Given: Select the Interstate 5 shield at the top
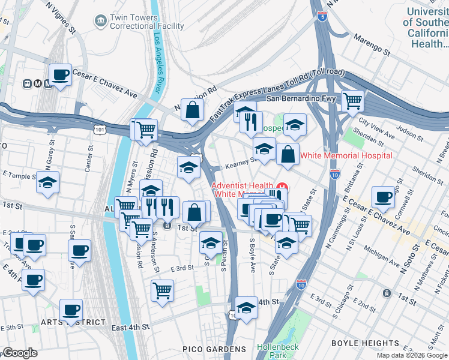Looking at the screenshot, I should [323, 17].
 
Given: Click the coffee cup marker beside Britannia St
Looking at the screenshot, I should [383, 197].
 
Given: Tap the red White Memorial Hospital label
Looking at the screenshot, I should [346, 155].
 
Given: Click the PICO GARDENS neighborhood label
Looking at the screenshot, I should [214, 349].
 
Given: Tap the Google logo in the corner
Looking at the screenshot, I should [20, 353].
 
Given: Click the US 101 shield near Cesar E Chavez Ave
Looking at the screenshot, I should [99, 128].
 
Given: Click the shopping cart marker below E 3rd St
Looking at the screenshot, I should [162, 290].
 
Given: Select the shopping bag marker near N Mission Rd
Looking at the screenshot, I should [193, 110].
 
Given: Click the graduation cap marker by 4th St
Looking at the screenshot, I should [246, 307].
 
